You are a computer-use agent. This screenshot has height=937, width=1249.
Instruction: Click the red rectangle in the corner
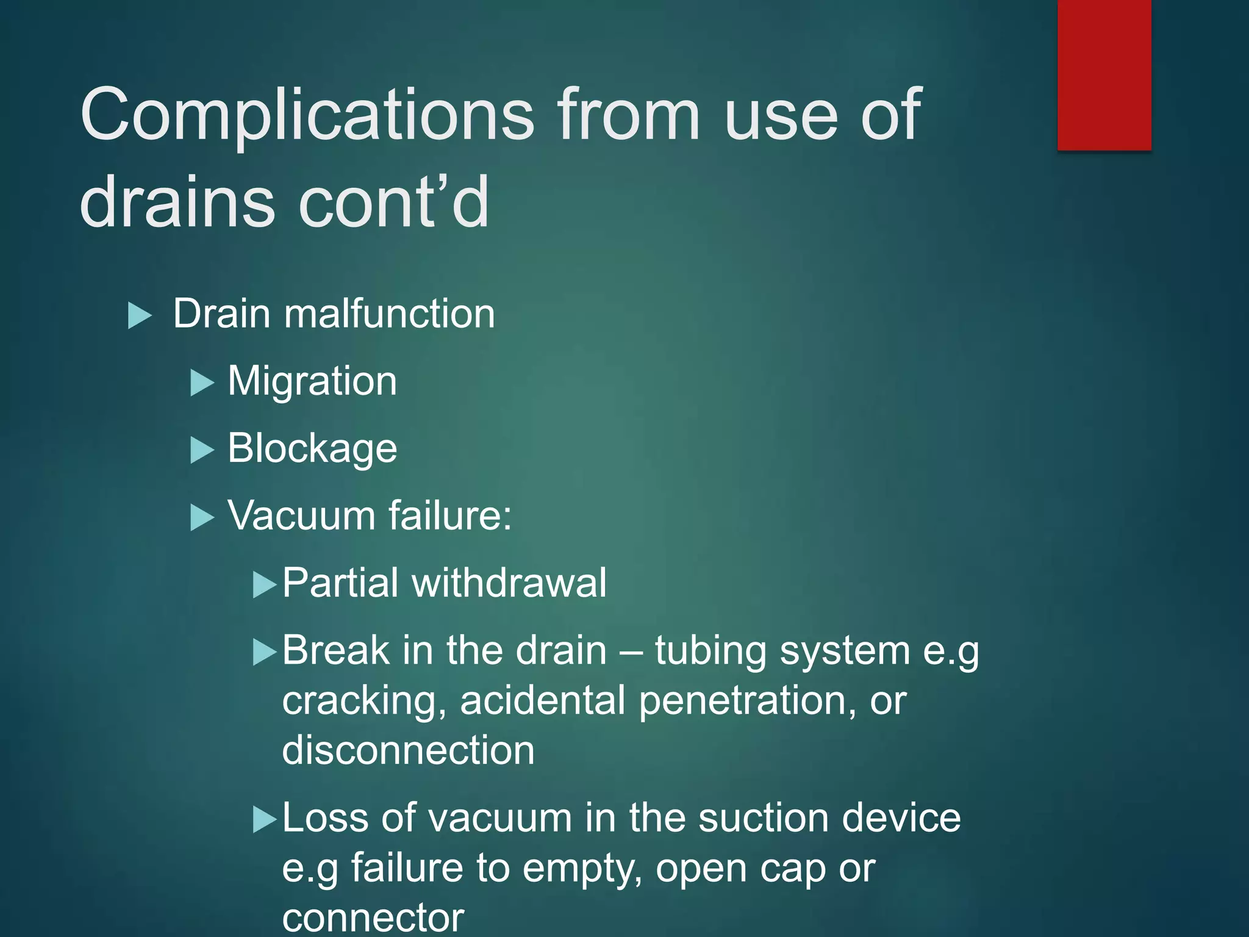pyautogui.click(x=1104, y=74)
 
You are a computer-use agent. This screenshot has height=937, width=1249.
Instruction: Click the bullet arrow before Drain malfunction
pyautogui.click(x=140, y=316)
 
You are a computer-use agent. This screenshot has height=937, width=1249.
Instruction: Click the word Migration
pyautogui.click(x=312, y=381)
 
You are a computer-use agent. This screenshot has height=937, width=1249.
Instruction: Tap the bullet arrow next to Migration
pyautogui.click(x=202, y=384)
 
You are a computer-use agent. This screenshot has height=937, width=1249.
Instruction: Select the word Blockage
pyautogui.click(x=312, y=448)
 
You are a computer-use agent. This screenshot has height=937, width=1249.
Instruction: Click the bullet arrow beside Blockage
pyautogui.click(x=202, y=451)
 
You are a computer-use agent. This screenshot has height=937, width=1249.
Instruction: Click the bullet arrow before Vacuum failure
pyautogui.click(x=202, y=518)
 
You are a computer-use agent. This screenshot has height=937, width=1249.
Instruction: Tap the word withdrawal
pyautogui.click(x=509, y=583)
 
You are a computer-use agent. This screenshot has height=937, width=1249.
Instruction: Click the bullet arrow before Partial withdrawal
pyautogui.click(x=265, y=585)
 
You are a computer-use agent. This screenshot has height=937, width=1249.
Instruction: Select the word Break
pyautogui.click(x=335, y=651)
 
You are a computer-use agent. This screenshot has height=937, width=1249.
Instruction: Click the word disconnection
pyautogui.click(x=408, y=750)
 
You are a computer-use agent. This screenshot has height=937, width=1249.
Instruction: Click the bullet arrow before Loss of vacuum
pyautogui.click(x=265, y=820)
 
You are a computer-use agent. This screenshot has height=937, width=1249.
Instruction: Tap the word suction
pyautogui.click(x=762, y=818)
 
